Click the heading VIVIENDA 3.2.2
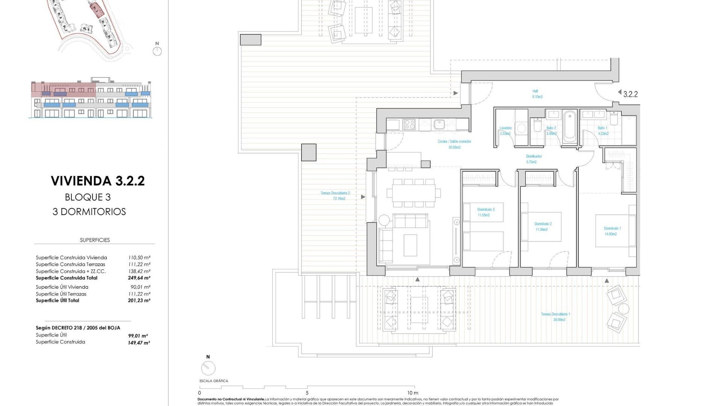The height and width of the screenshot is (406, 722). click(x=98, y=181)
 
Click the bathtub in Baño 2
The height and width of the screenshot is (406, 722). click(x=570, y=126)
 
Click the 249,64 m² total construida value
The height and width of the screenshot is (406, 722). click(x=139, y=278)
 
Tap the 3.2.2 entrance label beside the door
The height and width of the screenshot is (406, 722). click(x=630, y=94)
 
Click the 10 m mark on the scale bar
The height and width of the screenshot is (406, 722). click(x=412, y=393)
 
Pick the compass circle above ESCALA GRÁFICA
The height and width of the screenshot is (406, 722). click(x=208, y=368)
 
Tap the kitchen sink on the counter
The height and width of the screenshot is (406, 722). click(x=439, y=124)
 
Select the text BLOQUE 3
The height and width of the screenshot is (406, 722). click(x=88, y=197)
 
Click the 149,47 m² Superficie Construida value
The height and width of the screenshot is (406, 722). click(x=139, y=343)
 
